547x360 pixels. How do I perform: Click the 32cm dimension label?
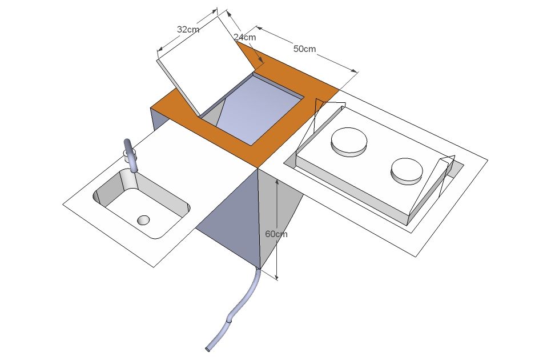point(188,29)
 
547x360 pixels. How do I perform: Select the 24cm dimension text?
point(244,37)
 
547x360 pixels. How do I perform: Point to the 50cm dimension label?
point(304,49)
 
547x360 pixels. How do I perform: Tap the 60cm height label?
point(276,234)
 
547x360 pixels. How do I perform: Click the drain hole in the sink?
point(143,220)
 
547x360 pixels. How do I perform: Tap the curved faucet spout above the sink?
point(131,155)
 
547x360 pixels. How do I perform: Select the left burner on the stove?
point(348,142)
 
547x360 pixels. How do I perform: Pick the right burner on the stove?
point(407,171)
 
